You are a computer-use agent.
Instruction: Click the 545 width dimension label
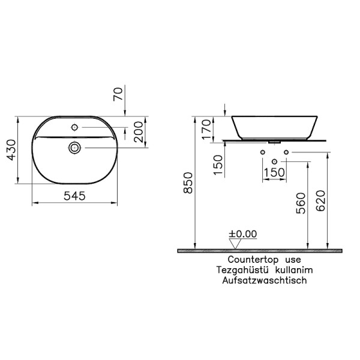click(74, 196)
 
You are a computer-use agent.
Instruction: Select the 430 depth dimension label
click(11, 150)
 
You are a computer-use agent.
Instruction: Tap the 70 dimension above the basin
click(118, 94)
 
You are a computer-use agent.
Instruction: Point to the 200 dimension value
click(139, 132)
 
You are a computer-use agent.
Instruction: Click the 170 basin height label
click(206, 129)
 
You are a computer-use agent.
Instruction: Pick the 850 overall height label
click(188, 183)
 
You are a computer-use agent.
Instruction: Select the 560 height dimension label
click(301, 203)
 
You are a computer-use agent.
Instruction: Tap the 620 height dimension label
click(321, 200)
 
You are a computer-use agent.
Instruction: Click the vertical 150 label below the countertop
click(218, 165)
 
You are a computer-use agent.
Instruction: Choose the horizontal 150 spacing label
click(274, 172)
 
